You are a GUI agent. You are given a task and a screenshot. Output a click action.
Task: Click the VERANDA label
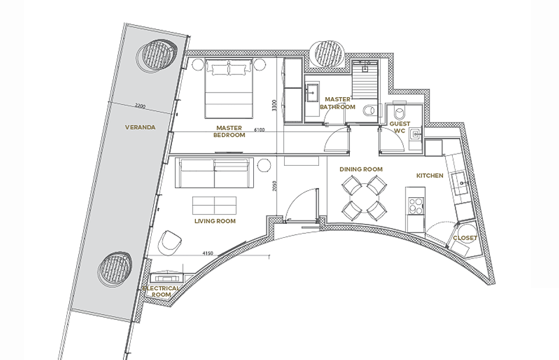[140, 127]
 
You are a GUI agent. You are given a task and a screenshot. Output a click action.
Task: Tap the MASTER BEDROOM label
[229, 131]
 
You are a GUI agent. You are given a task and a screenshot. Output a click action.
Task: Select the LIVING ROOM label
[215, 221]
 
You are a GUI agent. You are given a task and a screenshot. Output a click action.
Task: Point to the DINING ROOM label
[361, 169]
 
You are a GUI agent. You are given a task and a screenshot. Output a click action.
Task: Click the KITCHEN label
[430, 176]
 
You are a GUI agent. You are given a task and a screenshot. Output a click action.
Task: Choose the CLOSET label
[465, 238]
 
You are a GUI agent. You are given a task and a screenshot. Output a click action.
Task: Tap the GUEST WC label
[400, 127]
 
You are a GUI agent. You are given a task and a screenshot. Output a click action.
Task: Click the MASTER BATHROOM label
[338, 103]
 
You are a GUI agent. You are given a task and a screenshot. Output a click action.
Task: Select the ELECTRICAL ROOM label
[161, 291]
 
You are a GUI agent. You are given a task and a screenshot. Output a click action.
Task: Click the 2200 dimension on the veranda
[141, 106]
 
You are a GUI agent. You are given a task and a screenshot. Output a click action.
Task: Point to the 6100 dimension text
[259, 130]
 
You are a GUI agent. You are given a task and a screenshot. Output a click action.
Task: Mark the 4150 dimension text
[207, 254]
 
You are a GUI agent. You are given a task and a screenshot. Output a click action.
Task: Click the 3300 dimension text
[274, 105]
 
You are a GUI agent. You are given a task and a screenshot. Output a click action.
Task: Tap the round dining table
[364, 198]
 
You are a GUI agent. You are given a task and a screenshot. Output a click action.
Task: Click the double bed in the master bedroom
[229, 88]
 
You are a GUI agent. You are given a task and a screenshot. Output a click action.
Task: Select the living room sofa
[214, 173]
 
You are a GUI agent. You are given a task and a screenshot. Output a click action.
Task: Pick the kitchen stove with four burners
[415, 206]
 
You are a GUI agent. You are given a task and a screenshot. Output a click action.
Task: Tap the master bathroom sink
[312, 92]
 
